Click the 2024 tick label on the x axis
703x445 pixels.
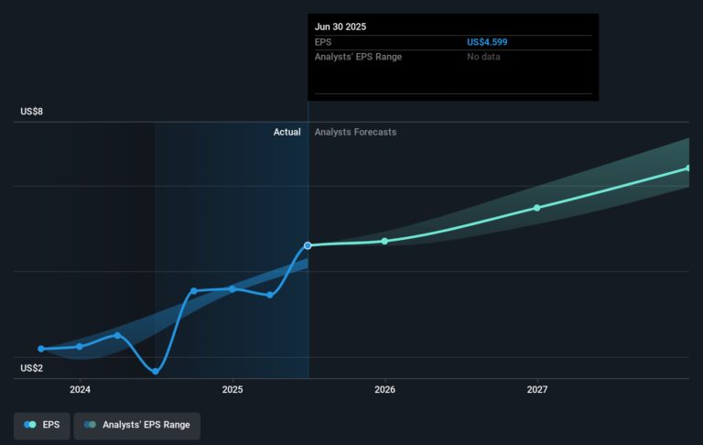(80, 389)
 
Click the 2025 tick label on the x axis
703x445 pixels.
(233, 389)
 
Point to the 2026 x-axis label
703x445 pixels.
(384, 389)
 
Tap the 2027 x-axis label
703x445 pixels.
(537, 389)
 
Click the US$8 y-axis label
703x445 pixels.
(32, 112)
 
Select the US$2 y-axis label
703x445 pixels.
(32, 368)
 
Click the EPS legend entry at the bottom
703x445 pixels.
(43, 426)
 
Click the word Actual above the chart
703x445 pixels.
(287, 132)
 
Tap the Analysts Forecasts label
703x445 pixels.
(355, 132)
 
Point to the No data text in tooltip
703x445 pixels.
(483, 57)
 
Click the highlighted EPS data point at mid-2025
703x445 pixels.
(308, 245)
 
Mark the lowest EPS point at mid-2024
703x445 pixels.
(156, 371)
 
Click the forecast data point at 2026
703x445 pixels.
(384, 241)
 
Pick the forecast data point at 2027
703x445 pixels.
(537, 208)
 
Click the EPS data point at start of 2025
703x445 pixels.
(233, 289)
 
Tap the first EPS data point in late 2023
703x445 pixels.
(41, 349)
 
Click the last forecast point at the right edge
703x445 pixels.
(688, 168)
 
